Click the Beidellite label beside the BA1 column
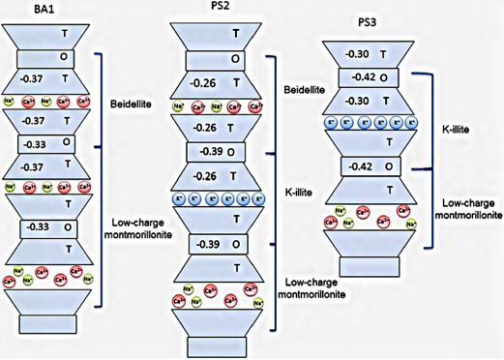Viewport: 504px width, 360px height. (129, 101)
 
